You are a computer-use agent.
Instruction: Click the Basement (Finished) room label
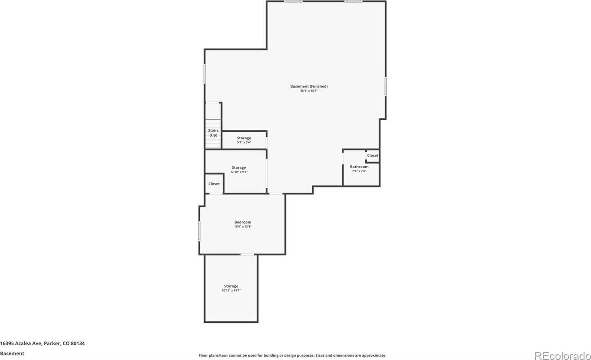coord(309,86)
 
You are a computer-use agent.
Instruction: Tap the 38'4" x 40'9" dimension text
coord(309,91)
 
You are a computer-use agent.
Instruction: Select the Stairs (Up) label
coord(213,133)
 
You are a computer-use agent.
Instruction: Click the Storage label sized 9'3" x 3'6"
coord(244,138)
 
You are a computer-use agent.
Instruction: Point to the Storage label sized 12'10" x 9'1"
coord(239,167)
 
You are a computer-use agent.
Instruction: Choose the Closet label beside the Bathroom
coord(372,156)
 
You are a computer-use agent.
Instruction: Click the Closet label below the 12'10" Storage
coord(214,184)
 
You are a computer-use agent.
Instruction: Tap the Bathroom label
coord(359,167)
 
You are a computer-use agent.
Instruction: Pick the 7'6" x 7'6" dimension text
coord(359,171)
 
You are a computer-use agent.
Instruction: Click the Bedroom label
coord(243,222)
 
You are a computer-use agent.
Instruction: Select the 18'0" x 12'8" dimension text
coord(243,227)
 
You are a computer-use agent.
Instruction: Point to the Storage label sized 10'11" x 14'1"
coord(231,286)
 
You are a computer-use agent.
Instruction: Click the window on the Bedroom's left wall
coord(199,231)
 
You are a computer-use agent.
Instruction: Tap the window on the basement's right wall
coord(386,86)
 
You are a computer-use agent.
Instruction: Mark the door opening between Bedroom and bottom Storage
coord(247,254)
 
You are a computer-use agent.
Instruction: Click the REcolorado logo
coord(562,355)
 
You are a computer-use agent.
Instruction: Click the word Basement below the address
coord(12,353)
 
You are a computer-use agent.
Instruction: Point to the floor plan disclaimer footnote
coord(292,355)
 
